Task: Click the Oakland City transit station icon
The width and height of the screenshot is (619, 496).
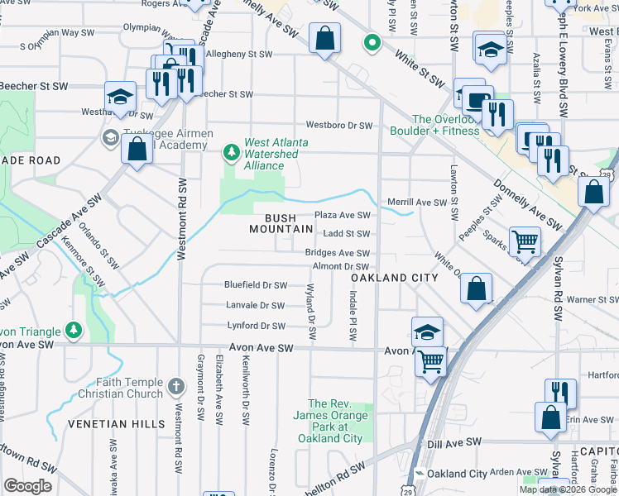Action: click(420, 474)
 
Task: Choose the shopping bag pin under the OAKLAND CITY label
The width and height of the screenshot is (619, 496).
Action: click(477, 289)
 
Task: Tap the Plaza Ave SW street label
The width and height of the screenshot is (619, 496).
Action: click(342, 215)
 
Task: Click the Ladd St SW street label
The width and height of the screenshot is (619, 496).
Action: click(346, 234)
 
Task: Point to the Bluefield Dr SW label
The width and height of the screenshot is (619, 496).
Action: click(255, 285)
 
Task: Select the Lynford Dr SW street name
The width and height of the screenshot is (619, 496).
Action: click(255, 326)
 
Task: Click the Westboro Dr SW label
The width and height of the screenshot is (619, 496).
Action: click(338, 126)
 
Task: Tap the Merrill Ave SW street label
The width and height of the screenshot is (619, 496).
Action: click(418, 203)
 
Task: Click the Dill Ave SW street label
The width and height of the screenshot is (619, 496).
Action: click(454, 443)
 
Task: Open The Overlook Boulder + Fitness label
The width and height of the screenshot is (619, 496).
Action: click(446, 125)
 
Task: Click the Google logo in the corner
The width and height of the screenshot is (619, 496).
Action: click(27, 486)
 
